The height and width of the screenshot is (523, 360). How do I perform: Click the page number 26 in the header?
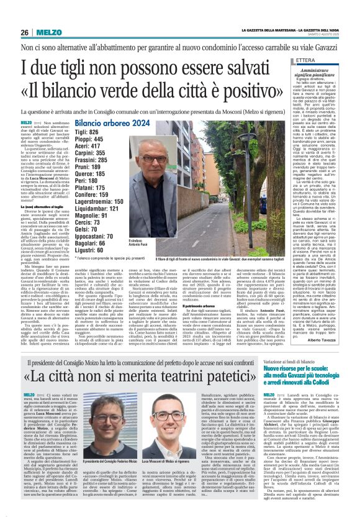coord(25,32)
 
